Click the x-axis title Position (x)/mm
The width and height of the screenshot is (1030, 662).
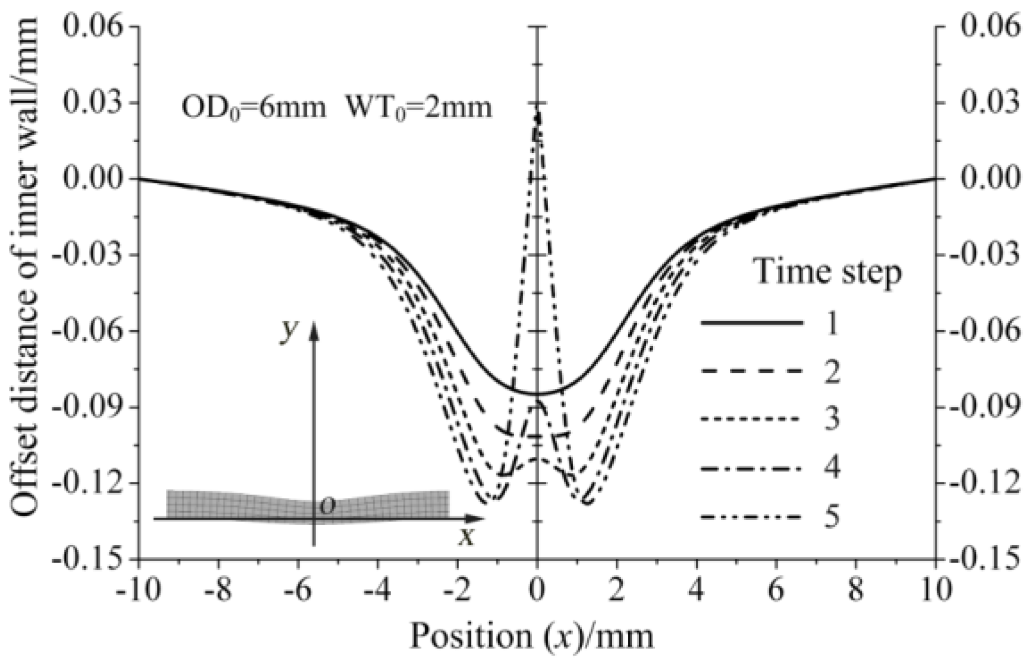point(532,636)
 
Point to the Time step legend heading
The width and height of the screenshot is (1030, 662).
point(827,272)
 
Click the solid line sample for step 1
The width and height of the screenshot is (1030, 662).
point(751,323)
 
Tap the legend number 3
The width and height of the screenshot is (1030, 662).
point(831,419)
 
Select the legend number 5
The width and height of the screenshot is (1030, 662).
point(831,516)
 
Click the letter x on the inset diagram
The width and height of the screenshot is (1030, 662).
point(468,536)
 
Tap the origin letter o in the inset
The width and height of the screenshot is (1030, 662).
point(328,506)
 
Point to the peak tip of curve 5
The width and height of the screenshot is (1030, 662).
point(537,113)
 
